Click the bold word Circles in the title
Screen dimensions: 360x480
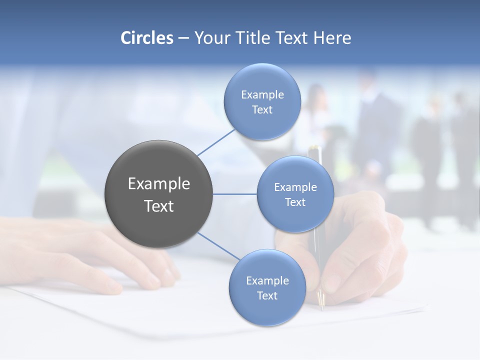pos(147,38)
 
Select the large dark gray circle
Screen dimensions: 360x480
pos(158,194)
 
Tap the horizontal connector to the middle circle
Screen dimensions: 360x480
pos(235,194)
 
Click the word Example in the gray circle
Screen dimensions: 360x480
pos(158,184)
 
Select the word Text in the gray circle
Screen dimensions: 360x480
pos(158,206)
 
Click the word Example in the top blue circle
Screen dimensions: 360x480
pos(262,94)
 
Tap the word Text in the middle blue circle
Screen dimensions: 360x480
pos(295,202)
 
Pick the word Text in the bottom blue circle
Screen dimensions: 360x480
pos(267,295)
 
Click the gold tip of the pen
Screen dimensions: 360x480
pos(321,300)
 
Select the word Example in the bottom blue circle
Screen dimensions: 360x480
pos(267,280)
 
